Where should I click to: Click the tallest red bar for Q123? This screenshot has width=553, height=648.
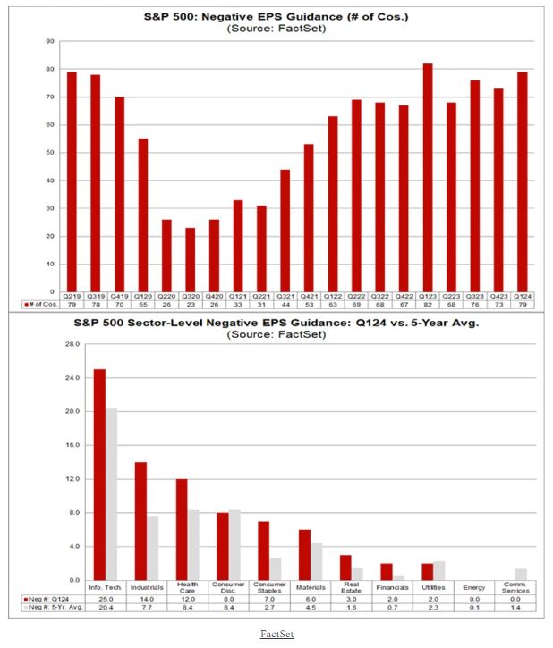[428, 178]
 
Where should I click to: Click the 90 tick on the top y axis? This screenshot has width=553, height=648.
[51, 41]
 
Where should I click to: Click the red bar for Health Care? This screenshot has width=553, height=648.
[182, 529]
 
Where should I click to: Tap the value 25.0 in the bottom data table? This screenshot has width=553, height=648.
[106, 599]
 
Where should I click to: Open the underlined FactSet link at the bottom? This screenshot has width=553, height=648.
[276, 634]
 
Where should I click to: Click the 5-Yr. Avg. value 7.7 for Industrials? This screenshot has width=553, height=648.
[147, 608]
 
